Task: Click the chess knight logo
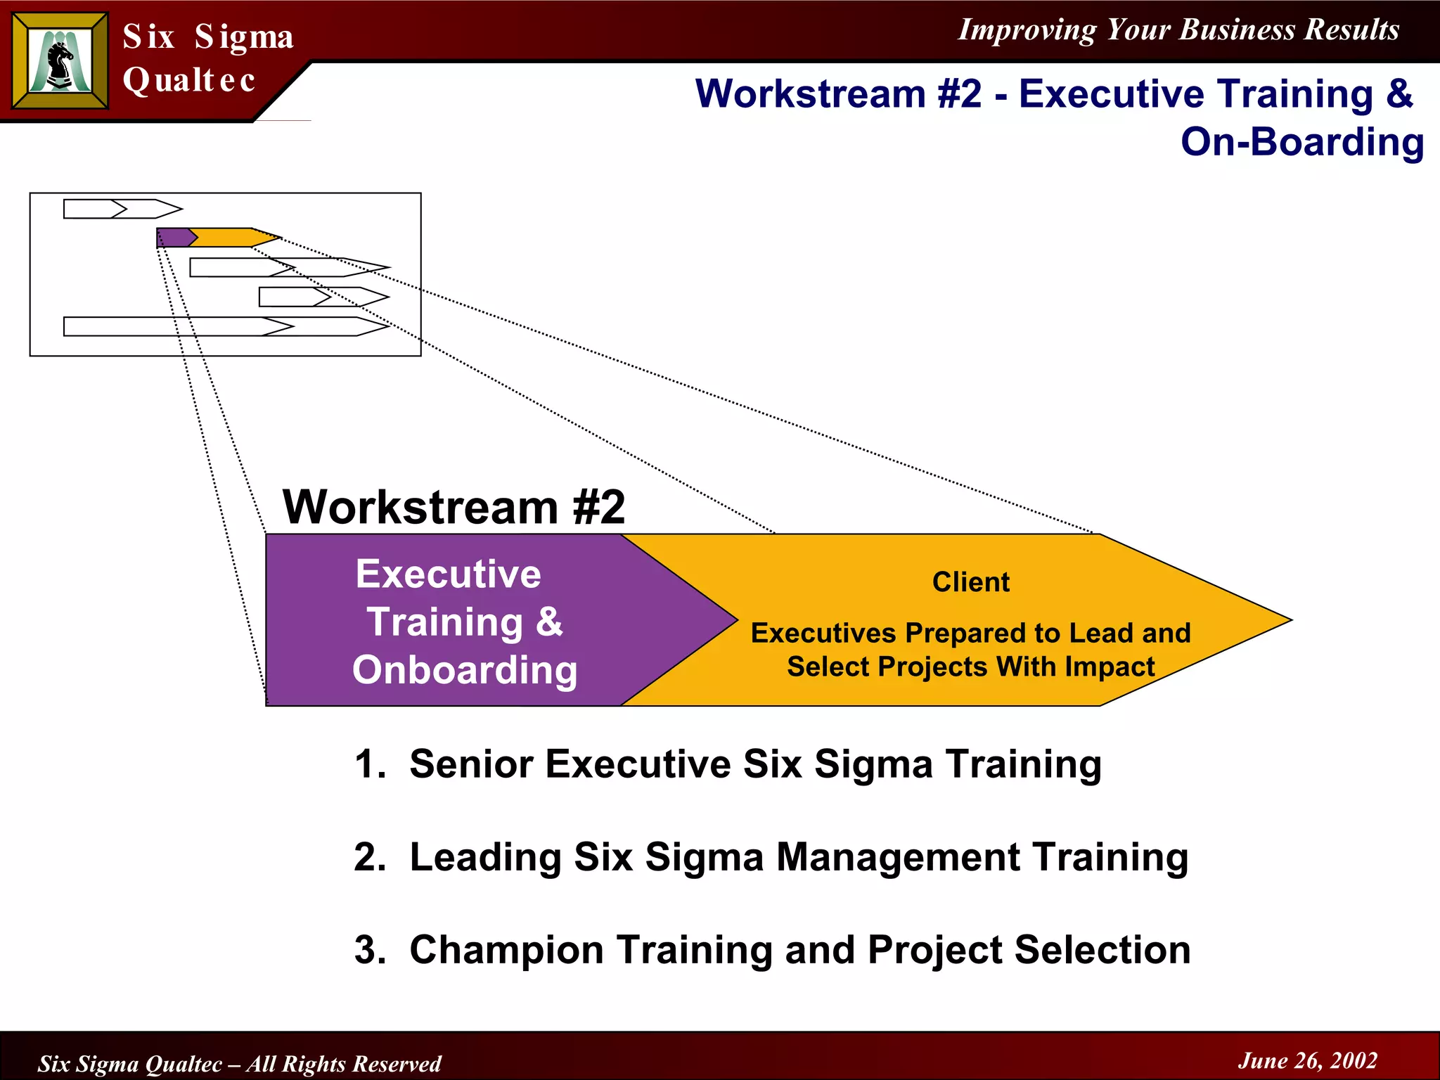60,62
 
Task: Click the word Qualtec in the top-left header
188,80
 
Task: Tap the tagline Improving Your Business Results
1178,30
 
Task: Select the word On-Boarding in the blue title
1301,142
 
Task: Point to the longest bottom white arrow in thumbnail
225,326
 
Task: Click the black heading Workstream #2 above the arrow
454,507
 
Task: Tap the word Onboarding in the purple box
465,669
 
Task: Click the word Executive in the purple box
449,574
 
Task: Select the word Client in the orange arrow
970,582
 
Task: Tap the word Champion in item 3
506,950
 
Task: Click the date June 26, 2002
1307,1060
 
